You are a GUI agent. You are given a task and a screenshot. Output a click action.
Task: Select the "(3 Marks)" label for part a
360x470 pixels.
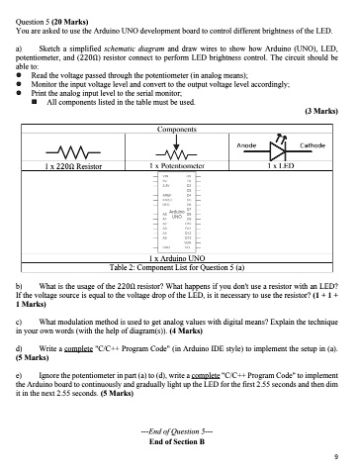pyautogui.click(x=322, y=111)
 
